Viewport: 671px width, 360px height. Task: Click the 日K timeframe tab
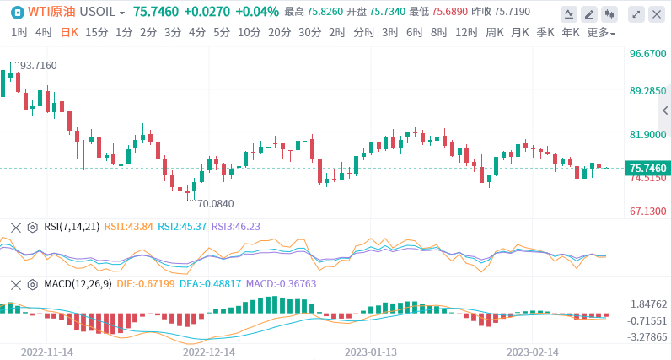(69, 32)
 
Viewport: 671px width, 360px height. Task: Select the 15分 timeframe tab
(96, 32)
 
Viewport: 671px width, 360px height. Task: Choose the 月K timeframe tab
(519, 32)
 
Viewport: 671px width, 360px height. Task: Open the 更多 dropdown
(601, 32)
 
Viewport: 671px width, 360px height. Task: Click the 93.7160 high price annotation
(38, 65)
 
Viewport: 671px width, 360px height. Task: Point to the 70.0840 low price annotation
(215, 203)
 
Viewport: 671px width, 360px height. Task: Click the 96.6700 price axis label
(648, 53)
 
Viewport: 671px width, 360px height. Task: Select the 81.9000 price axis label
(648, 135)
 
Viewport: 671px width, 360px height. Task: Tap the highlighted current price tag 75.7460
(647, 169)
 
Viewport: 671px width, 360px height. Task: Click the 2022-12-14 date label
(209, 351)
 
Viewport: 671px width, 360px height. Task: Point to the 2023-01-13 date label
(371, 351)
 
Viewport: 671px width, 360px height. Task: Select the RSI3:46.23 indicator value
(235, 227)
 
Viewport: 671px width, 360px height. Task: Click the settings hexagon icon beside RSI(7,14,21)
(32, 227)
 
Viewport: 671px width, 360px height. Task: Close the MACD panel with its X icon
(14, 284)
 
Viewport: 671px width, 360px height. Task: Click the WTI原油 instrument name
(51, 13)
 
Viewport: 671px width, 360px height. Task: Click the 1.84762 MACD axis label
(648, 304)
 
